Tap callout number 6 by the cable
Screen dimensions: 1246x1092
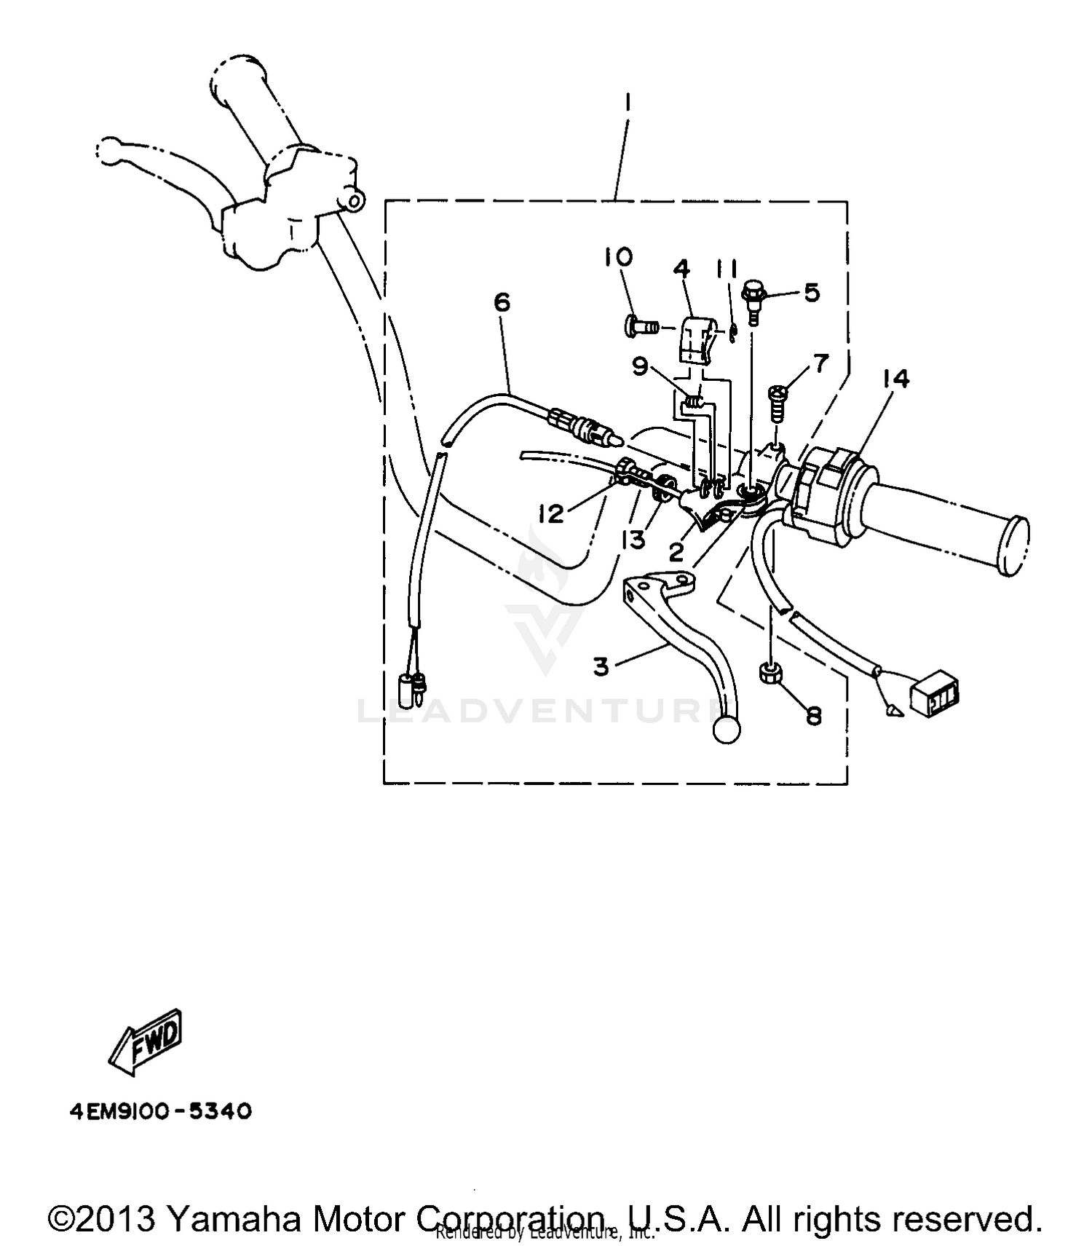[x=502, y=302]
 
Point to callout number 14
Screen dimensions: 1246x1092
[x=896, y=379]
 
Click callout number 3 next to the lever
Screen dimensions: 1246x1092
[x=601, y=666]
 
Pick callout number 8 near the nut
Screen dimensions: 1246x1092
[x=813, y=716]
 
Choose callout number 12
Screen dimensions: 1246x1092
[x=551, y=514]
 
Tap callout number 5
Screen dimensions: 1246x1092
[x=812, y=293]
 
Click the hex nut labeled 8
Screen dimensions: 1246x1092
[x=770, y=674]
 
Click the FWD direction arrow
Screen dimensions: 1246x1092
[x=145, y=1041]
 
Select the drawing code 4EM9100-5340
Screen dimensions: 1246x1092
[x=161, y=1112]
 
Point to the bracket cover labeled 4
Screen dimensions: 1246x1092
[x=695, y=339]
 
